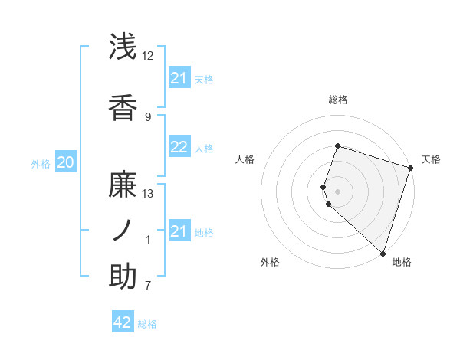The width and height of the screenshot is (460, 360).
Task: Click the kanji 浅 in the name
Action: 123,46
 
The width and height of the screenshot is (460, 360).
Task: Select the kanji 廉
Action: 123,185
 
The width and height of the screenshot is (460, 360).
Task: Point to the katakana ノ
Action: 123,230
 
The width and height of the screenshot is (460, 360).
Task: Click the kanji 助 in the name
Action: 123,277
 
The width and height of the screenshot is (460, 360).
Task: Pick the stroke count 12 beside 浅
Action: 148,56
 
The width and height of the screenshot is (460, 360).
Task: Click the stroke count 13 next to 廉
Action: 148,194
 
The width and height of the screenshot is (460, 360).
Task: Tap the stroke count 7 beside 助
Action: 148,286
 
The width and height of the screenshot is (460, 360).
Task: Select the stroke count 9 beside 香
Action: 148,116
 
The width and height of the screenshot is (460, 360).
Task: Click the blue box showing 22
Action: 179,148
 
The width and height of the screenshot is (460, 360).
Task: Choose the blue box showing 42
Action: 123,322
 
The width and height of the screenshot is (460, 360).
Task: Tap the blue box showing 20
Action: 66,162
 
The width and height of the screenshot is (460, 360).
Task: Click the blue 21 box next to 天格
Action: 179,78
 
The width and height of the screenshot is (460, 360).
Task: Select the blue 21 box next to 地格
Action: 179,231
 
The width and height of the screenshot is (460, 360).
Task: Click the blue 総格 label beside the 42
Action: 147,324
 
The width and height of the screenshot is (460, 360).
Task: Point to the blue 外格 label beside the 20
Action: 41,164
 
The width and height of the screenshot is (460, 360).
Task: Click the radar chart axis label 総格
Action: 338,100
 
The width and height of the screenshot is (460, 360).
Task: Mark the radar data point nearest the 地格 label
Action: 383,254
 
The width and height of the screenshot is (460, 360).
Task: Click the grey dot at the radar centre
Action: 338,191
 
